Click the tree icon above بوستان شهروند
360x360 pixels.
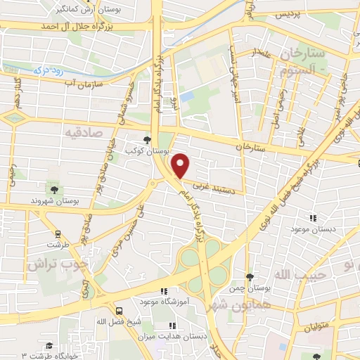54,189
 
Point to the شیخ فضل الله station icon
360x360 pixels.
120,310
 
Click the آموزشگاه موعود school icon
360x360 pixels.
165,291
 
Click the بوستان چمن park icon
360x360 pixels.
250,277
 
